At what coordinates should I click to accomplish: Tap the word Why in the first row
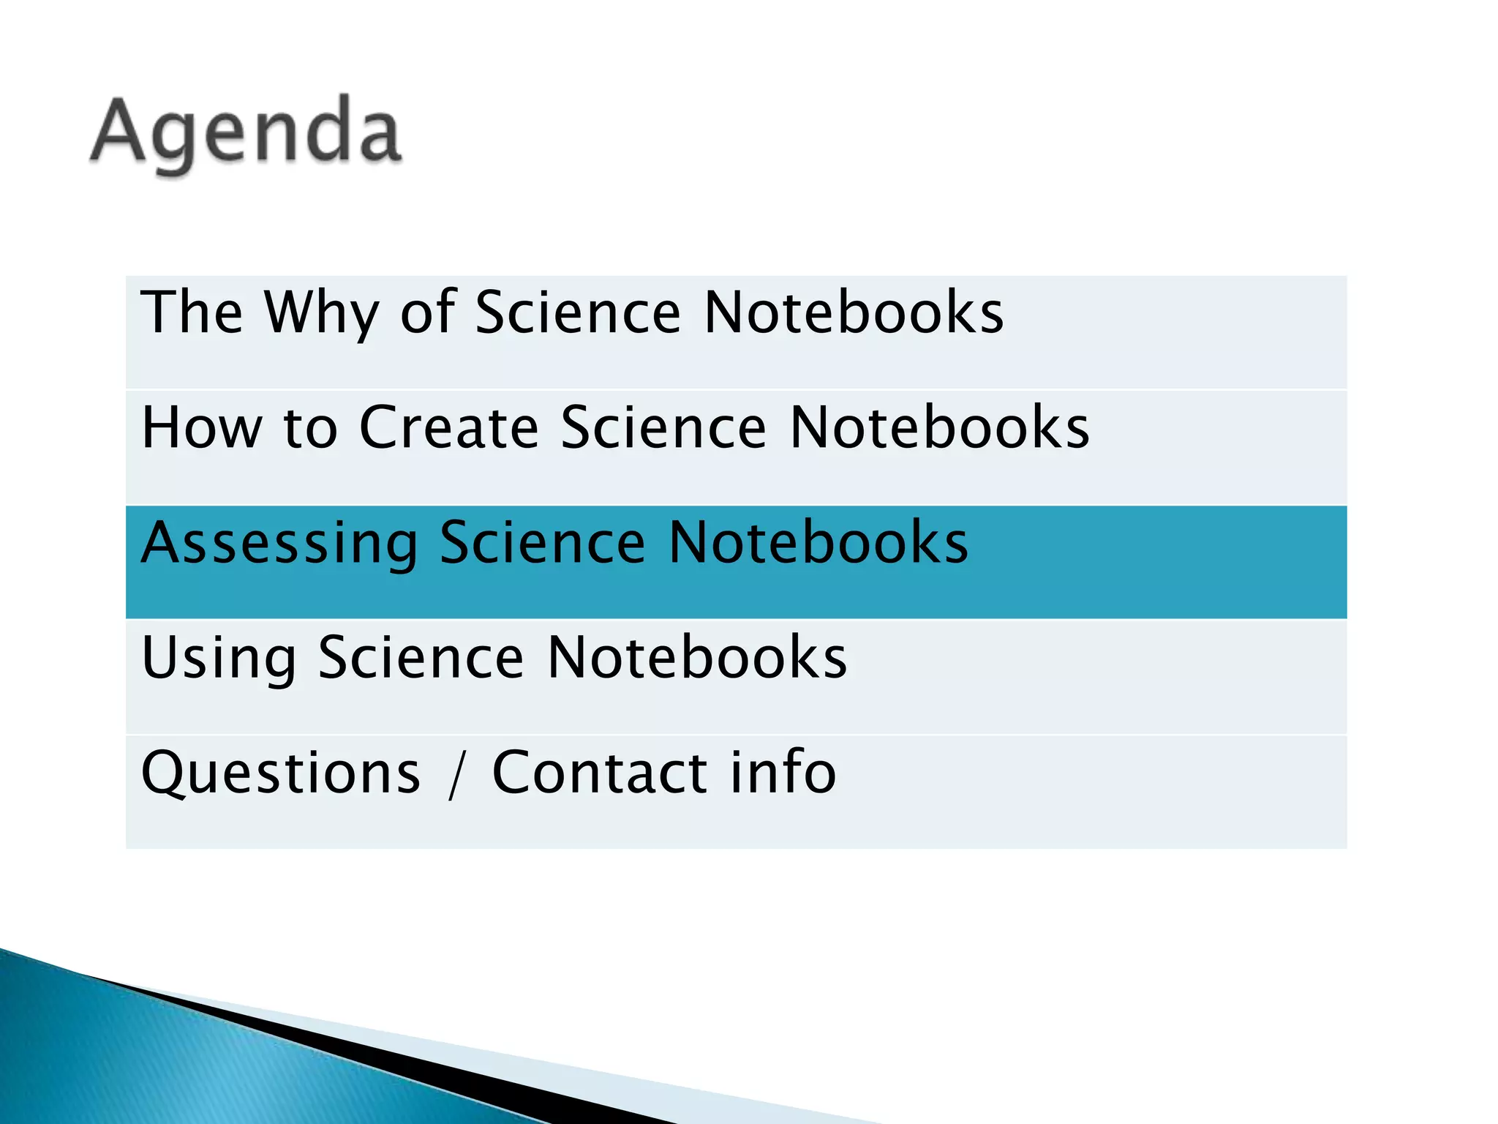click(x=322, y=313)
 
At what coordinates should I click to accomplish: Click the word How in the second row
click(x=202, y=427)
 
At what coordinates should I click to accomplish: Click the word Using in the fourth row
click(x=219, y=659)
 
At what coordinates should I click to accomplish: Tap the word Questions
click(x=282, y=773)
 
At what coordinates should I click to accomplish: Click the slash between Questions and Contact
click(x=456, y=774)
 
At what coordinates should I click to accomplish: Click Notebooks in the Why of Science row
click(x=854, y=312)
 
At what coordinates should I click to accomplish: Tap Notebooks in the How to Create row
click(x=940, y=427)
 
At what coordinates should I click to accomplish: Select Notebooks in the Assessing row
click(x=818, y=543)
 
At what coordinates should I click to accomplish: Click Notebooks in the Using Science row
click(x=697, y=658)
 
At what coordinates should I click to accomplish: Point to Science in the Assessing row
click(x=543, y=543)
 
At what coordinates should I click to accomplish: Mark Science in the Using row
click(x=421, y=658)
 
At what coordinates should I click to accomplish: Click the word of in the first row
click(x=428, y=312)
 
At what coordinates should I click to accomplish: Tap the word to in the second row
click(x=310, y=428)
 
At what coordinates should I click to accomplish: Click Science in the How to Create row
click(x=664, y=427)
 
